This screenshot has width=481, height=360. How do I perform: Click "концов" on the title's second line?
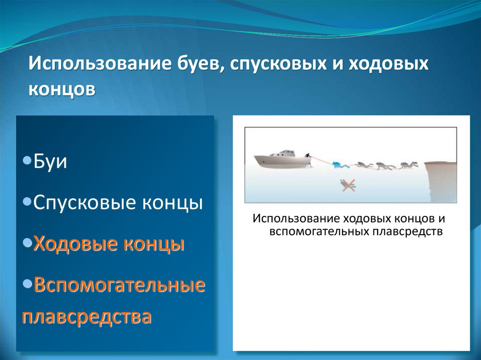62,89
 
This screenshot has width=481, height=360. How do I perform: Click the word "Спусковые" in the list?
85,203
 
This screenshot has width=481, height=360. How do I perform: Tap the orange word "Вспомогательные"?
119,284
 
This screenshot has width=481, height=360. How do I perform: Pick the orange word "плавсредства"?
87,316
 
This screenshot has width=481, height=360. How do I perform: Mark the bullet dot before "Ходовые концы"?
27,243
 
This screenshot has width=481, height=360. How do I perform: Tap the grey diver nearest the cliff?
409,165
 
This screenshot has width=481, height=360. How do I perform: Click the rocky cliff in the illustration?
441,182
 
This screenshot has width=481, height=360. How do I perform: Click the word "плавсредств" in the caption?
408,231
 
